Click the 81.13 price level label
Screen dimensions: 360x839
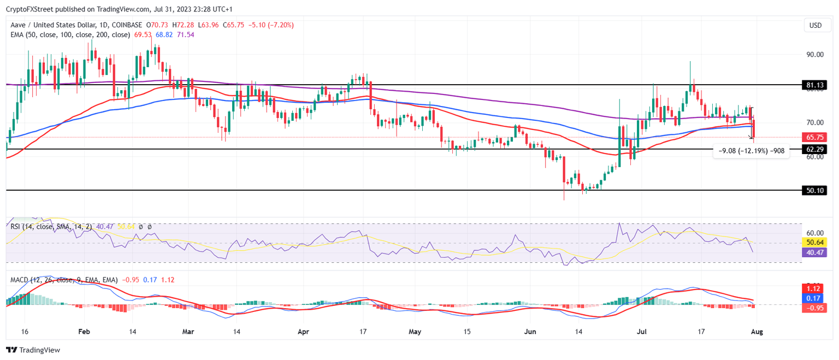pyautogui.click(x=814, y=85)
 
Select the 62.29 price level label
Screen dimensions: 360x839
pyautogui.click(x=814, y=149)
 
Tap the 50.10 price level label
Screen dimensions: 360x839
pyautogui.click(x=814, y=191)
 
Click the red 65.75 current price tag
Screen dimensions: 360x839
pyautogui.click(x=814, y=137)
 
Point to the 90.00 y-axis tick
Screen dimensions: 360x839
pyautogui.click(x=814, y=55)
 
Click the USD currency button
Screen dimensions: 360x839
pyautogui.click(x=815, y=25)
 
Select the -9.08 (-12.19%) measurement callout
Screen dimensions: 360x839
pyautogui.click(x=752, y=151)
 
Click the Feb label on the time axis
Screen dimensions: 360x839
pyautogui.click(x=84, y=332)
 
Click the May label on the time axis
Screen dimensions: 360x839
pyautogui.click(x=416, y=332)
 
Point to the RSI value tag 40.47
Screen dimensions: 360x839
pyautogui.click(x=814, y=252)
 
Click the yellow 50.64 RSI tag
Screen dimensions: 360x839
pyautogui.click(x=814, y=242)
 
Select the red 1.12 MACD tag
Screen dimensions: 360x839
pyautogui.click(x=814, y=288)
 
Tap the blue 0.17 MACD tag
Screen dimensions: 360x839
pyautogui.click(x=814, y=298)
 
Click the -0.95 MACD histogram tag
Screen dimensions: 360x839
pyautogui.click(x=814, y=308)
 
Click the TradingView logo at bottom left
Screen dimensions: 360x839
pyautogui.click(x=33, y=350)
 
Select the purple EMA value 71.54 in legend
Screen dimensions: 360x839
pyautogui.click(x=186, y=34)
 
